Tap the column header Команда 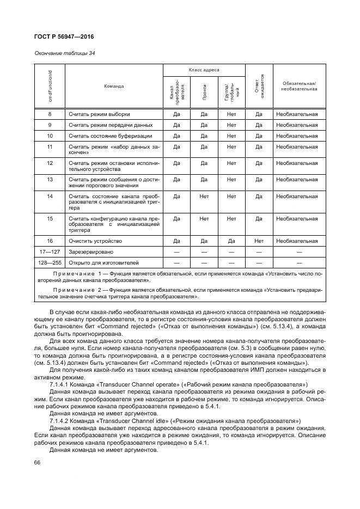point(113,86)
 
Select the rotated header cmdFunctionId point(50,86)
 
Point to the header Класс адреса point(204,70)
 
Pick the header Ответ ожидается point(259,86)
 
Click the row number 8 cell point(50,114)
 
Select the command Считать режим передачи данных point(102,125)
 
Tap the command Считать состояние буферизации point(103,136)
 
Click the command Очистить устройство point(95,241)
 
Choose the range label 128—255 point(50,262)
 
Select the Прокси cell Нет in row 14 point(204,196)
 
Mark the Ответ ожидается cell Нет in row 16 point(259,241)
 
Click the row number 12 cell point(50,163)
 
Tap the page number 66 point(38,462)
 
